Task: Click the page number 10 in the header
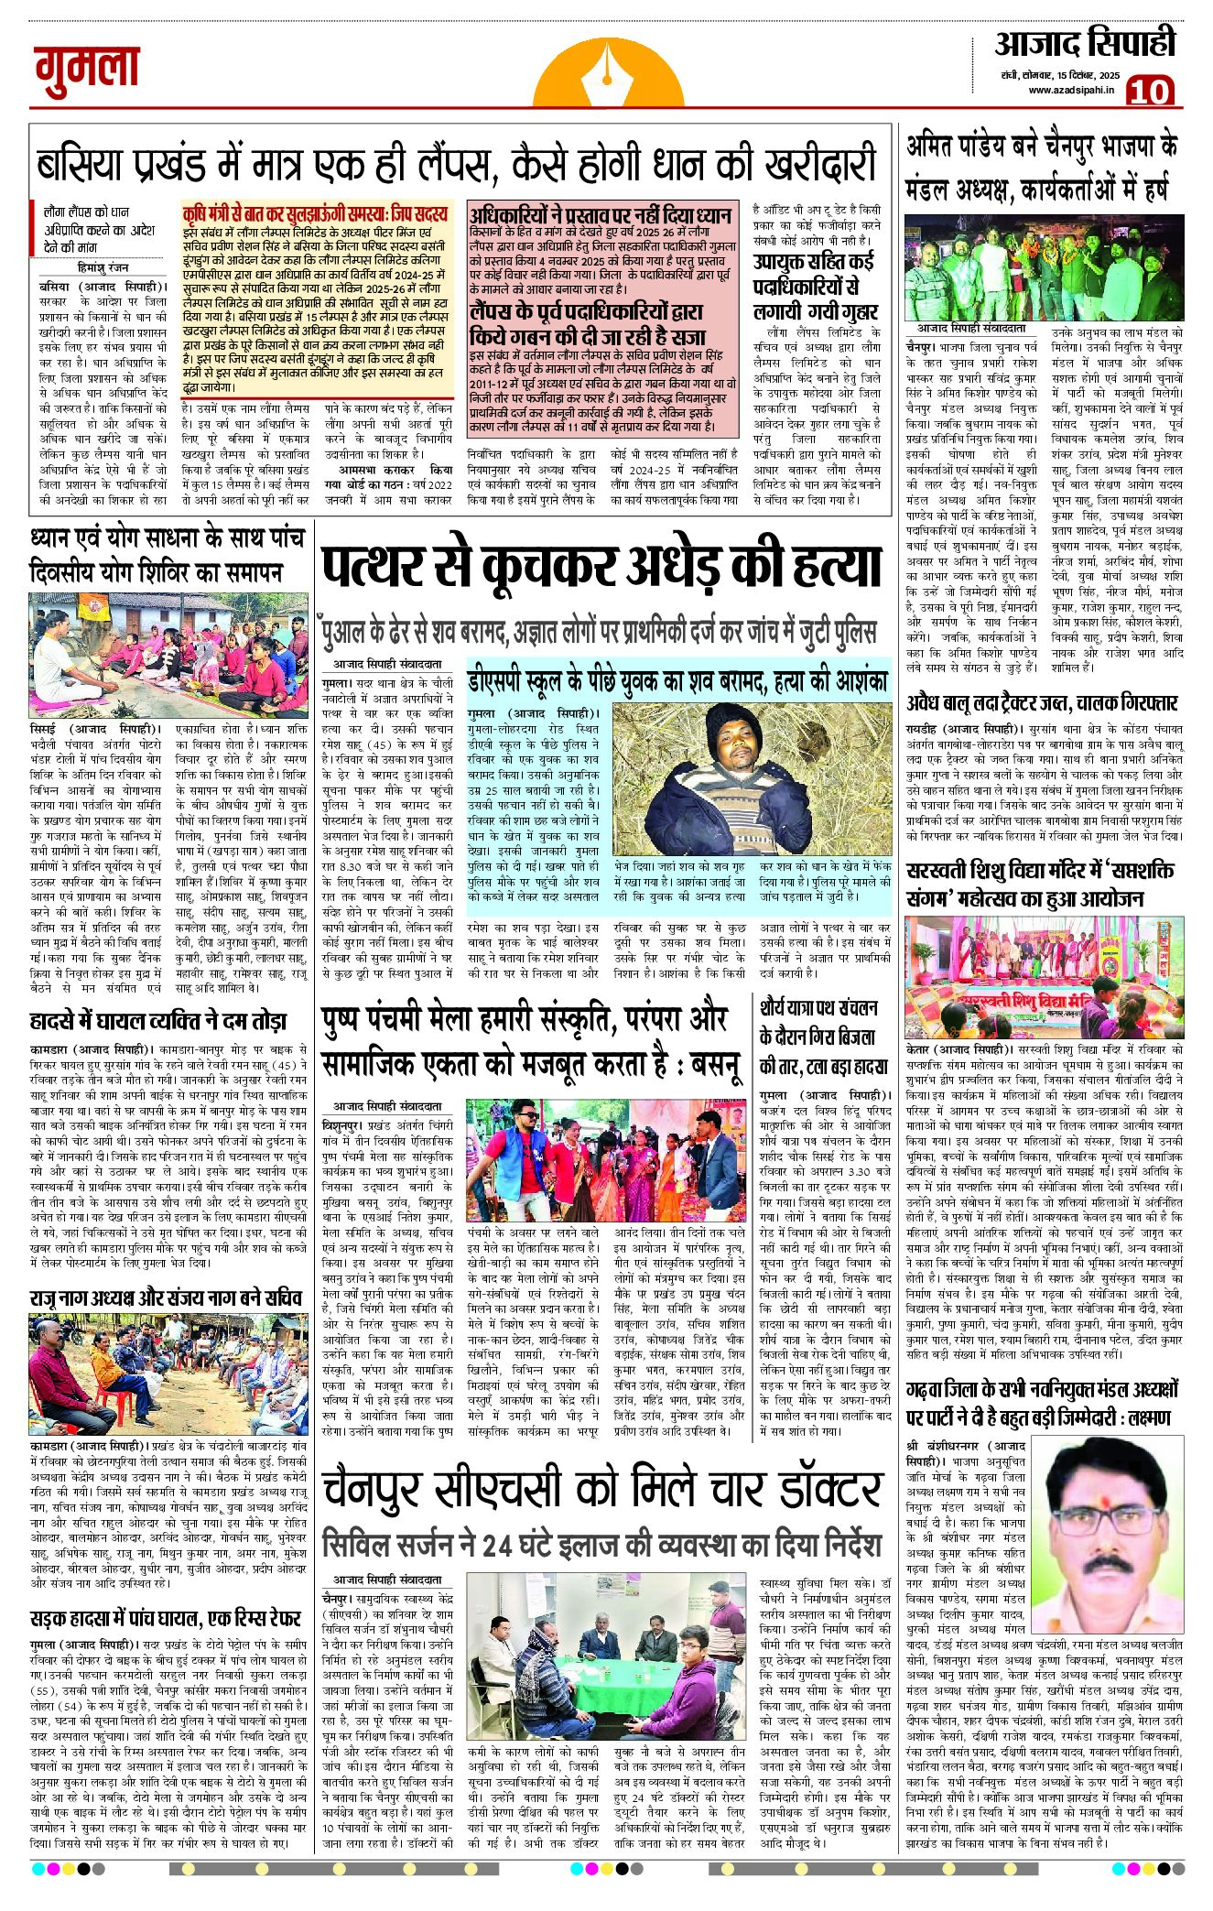[1150, 92]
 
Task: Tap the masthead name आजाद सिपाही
[1084, 44]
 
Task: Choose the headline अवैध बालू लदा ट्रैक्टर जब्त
[1042, 703]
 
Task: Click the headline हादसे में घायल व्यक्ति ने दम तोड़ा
[158, 1021]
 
